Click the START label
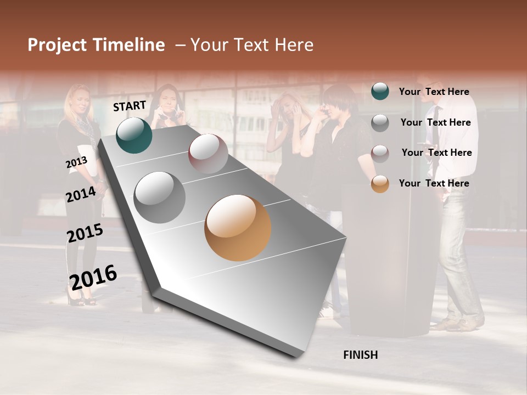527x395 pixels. pyautogui.click(x=130, y=106)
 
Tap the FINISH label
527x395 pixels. pyautogui.click(x=360, y=355)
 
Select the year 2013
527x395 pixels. pyautogui.click(x=76, y=162)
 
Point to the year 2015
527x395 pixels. pyautogui.click(x=85, y=233)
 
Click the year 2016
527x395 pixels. pyautogui.click(x=93, y=277)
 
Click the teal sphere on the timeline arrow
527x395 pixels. pyautogui.click(x=134, y=135)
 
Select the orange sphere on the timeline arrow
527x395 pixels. pyautogui.click(x=238, y=228)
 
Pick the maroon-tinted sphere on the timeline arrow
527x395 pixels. pyautogui.click(x=208, y=154)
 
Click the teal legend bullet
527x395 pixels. pyautogui.click(x=380, y=92)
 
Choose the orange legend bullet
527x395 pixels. pyautogui.click(x=380, y=184)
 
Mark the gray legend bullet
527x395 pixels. pyautogui.click(x=380, y=123)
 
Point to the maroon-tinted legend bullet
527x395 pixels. pyautogui.click(x=380, y=153)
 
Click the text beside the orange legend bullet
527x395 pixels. pyautogui.click(x=434, y=183)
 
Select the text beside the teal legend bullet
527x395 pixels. pyautogui.click(x=434, y=92)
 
